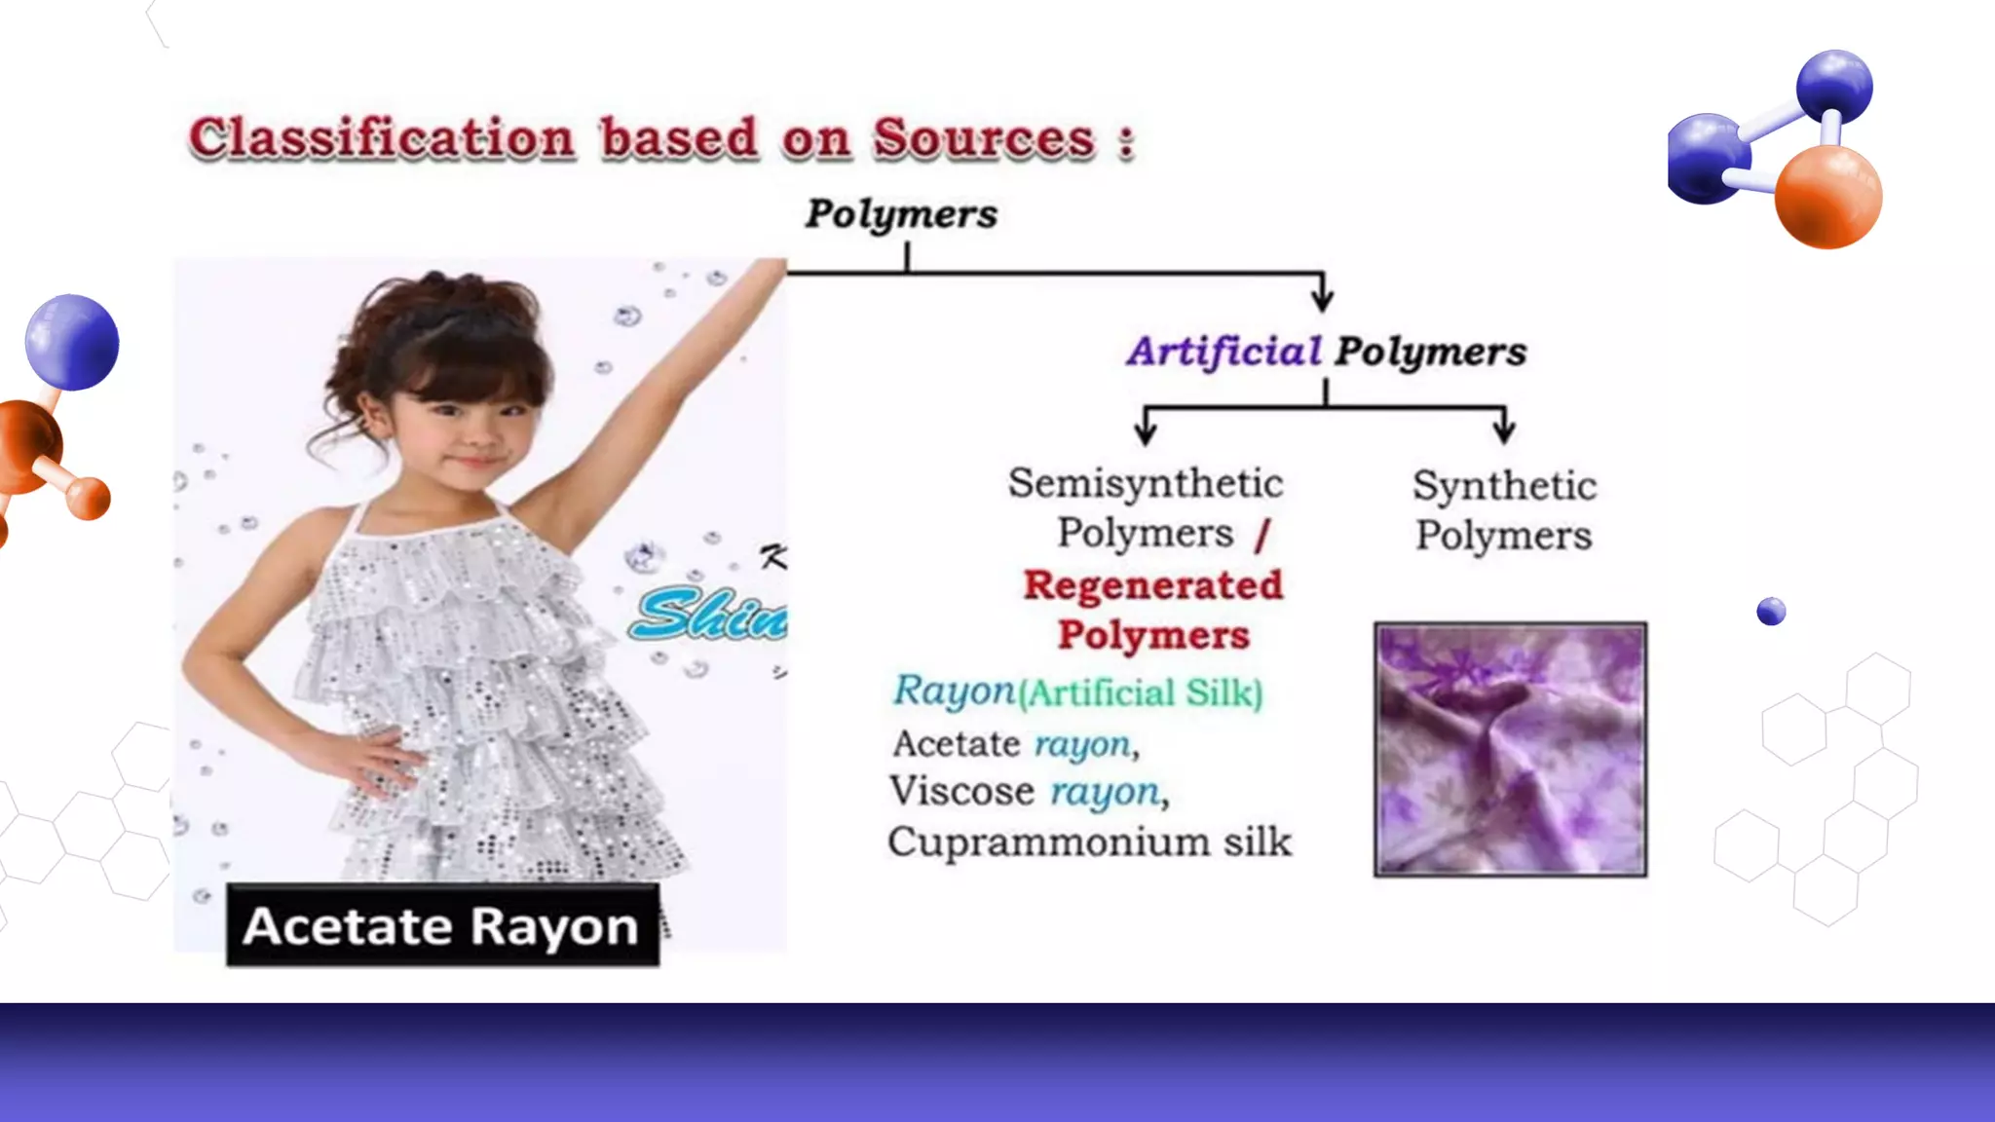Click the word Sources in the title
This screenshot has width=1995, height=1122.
pos(984,138)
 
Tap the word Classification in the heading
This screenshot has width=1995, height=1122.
pos(382,138)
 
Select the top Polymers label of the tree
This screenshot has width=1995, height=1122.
pos(901,214)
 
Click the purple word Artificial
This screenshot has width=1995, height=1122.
pos(1223,352)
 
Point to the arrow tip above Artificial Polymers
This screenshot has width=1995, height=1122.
pos(1322,302)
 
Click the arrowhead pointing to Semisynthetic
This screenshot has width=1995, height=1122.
pos(1146,434)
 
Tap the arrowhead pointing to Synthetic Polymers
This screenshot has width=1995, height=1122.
pos(1504,434)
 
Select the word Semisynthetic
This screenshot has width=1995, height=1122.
pos(1146,484)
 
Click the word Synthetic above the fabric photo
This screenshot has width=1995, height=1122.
pos(1505,486)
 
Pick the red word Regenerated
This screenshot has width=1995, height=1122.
pos(1153,585)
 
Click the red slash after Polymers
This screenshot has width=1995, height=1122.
pos(1263,535)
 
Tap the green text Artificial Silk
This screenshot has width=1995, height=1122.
pos(1141,693)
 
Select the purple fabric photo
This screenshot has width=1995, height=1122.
pos(1510,750)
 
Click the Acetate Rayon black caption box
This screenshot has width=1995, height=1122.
pos(442,925)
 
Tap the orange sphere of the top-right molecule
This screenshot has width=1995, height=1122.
pos(1827,197)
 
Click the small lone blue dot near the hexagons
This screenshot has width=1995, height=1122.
pos(1771,612)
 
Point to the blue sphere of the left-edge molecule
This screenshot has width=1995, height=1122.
pos(72,342)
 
